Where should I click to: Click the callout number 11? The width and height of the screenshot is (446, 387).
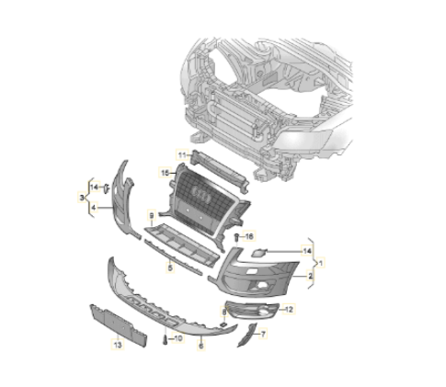click(x=182, y=155)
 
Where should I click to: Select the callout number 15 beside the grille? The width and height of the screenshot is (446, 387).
click(x=165, y=173)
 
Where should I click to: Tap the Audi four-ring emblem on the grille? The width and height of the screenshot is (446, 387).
click(x=200, y=195)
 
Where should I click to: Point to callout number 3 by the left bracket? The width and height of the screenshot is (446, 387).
click(x=82, y=198)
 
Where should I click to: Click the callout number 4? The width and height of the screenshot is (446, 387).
click(x=94, y=208)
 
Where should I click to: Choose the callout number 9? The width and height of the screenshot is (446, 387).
click(x=151, y=216)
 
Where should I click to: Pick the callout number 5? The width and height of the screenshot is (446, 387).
click(x=170, y=267)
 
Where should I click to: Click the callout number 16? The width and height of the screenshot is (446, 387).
click(x=249, y=236)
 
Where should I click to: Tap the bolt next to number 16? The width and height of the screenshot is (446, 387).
click(x=237, y=237)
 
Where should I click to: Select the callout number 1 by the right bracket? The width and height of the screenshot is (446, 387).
click(x=321, y=263)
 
